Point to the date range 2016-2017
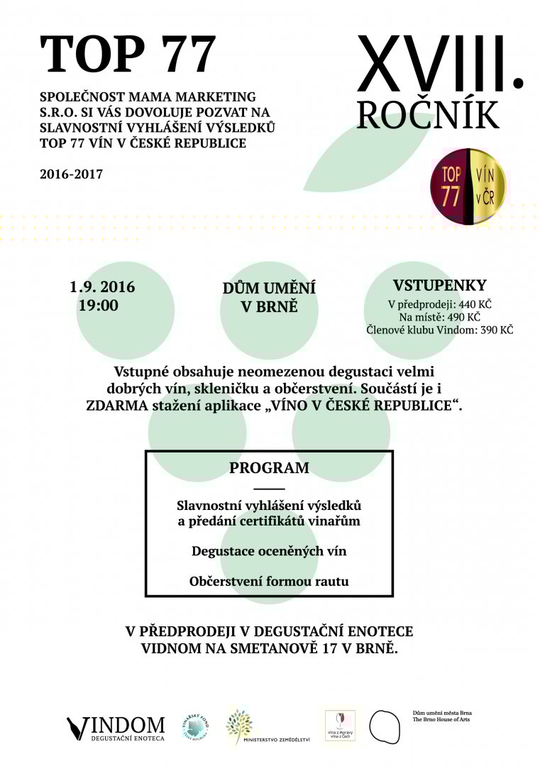pos(72,173)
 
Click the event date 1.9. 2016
pos(102,288)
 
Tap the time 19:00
pos(98,306)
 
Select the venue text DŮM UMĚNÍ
pos(269,289)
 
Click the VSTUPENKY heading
pos(440,286)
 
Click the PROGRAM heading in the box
pos(269,468)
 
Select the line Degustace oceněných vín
pos(269,551)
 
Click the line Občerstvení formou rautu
pos(269,582)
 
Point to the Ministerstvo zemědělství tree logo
pos(239,725)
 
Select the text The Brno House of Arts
pos(441,720)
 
